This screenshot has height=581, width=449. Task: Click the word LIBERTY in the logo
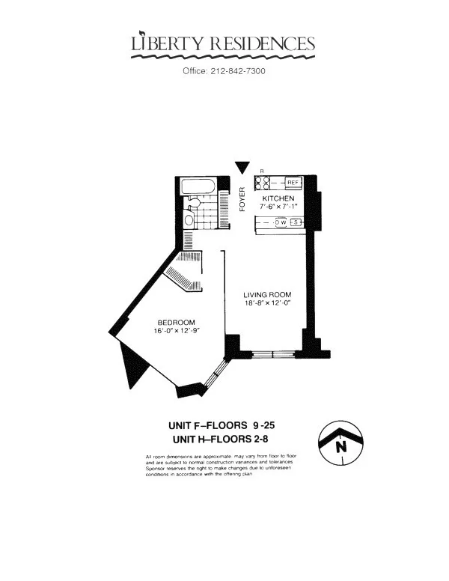[x=164, y=45]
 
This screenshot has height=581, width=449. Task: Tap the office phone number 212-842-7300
[x=224, y=71]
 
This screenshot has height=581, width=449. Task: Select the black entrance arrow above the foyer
[x=241, y=168]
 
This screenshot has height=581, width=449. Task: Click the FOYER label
[x=242, y=198]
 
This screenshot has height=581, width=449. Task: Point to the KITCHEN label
[x=278, y=198]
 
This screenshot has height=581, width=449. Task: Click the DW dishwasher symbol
[x=281, y=222]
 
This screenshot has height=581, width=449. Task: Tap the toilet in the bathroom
[x=192, y=202]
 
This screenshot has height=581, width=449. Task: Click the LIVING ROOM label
[x=266, y=294]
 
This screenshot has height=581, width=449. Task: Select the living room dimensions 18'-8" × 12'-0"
[x=266, y=304]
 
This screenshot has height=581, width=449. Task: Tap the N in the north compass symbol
[x=342, y=447]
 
